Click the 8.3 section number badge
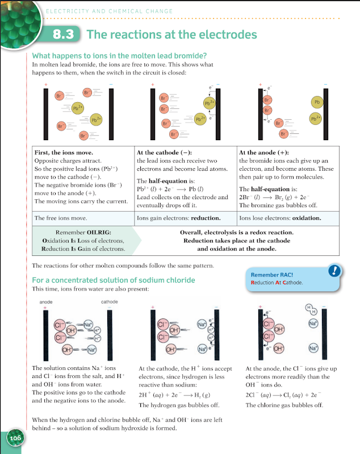tap(64, 35)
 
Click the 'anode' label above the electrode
tap(47, 302)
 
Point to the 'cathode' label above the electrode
tap(110, 302)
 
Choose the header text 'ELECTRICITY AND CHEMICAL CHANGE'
tap(109, 11)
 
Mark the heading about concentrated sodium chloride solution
tap(114, 280)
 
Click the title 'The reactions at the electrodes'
tap(171, 35)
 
